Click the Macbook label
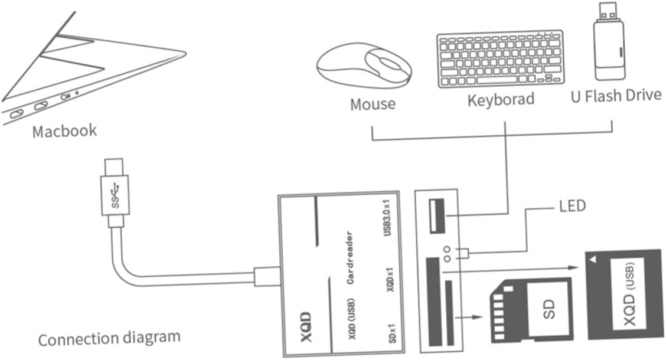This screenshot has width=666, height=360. click(64, 131)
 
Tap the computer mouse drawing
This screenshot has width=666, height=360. click(364, 65)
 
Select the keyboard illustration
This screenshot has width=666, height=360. click(501, 59)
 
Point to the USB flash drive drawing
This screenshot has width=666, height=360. click(609, 41)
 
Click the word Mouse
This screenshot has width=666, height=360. click(373, 104)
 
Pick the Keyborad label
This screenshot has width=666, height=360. click(501, 100)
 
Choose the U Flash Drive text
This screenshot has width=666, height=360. click(616, 96)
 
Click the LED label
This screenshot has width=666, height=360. click(572, 207)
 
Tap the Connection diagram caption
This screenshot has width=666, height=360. click(109, 338)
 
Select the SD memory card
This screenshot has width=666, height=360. click(531, 310)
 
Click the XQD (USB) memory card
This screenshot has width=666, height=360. click(625, 294)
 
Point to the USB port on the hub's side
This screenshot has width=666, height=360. click(437, 215)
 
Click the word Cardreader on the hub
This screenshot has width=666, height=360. click(350, 258)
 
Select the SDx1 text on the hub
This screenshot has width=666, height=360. click(392, 333)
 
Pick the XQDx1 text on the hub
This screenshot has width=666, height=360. click(390, 279)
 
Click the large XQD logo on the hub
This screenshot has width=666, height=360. click(306, 327)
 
